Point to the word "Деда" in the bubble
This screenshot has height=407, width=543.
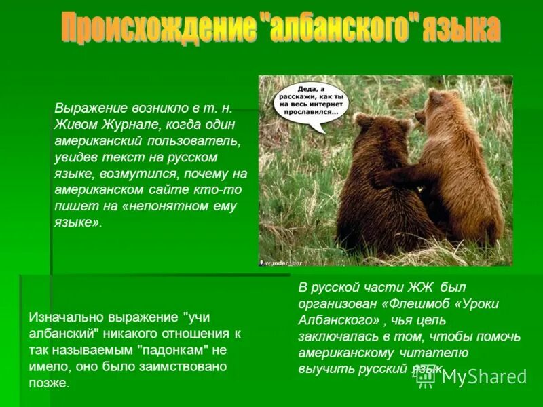tap(310, 89)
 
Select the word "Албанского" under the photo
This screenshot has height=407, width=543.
tap(335, 319)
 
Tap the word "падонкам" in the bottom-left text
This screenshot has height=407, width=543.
tap(174, 350)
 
